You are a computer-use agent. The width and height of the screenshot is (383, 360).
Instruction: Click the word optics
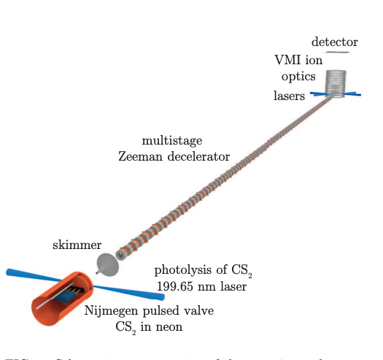(301, 77)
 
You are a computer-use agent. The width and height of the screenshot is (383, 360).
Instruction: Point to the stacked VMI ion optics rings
(336, 80)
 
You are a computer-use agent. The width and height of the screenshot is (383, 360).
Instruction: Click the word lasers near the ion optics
(290, 95)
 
